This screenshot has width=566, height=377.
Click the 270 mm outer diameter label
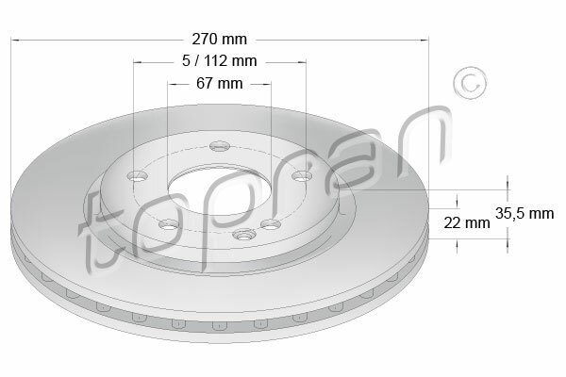point(219,39)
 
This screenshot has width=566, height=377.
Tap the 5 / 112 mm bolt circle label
point(219,61)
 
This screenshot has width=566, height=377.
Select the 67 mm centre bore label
point(219,83)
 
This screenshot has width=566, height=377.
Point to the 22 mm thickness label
point(466,223)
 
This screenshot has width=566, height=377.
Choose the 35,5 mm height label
point(524,213)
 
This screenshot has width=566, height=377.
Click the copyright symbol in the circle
point(470,83)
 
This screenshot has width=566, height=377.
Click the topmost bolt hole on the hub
point(220,146)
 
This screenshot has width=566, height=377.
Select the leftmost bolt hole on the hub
point(138,176)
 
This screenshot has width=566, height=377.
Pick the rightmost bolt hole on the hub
point(302,176)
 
